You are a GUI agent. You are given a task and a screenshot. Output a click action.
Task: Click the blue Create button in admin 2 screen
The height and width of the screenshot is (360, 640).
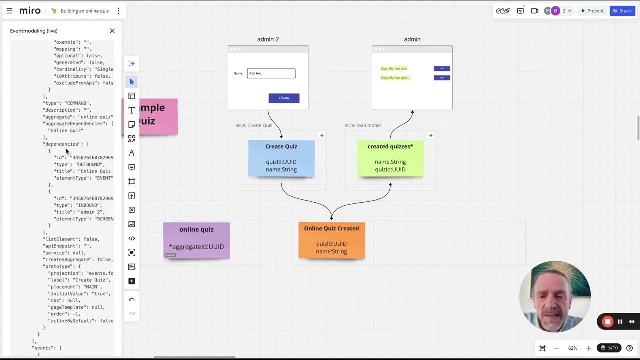[x=284, y=98]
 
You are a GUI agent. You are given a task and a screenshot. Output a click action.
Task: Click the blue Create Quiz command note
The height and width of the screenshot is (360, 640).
[x=281, y=158]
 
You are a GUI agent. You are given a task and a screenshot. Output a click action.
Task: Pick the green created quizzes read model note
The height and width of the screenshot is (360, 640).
[x=390, y=158]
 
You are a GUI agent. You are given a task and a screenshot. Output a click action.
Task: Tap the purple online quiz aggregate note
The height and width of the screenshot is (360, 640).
[x=196, y=240]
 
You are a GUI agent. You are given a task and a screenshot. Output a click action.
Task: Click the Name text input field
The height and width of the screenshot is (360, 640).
[x=271, y=74]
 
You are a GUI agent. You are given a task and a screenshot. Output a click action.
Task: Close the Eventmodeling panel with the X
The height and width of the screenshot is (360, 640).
[x=112, y=31]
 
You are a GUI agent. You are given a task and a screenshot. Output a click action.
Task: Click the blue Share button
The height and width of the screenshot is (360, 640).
[x=622, y=11]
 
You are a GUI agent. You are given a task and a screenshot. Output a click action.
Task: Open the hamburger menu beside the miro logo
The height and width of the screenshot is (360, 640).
[x=9, y=11]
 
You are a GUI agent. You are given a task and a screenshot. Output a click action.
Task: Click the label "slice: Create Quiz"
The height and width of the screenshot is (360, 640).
[x=254, y=125]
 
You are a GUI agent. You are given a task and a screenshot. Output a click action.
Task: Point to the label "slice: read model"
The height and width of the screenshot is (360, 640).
[x=362, y=125]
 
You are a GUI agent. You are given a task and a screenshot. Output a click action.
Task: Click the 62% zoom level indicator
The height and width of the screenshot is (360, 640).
[x=572, y=348]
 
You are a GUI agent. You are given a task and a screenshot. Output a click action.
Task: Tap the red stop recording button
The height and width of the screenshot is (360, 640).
[x=607, y=322]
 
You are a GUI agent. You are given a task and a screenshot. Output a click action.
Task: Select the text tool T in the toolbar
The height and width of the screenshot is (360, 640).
[x=132, y=110]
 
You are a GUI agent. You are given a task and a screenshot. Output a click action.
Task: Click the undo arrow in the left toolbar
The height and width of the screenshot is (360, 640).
[x=132, y=300]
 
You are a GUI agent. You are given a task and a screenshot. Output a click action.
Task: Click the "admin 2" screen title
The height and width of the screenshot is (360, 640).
[x=268, y=39]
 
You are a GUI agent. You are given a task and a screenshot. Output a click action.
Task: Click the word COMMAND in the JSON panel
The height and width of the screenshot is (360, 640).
[x=76, y=103]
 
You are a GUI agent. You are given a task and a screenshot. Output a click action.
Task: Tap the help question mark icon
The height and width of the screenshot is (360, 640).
[x=629, y=348]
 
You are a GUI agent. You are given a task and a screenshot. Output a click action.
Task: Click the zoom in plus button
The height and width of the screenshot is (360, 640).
[x=588, y=348]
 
